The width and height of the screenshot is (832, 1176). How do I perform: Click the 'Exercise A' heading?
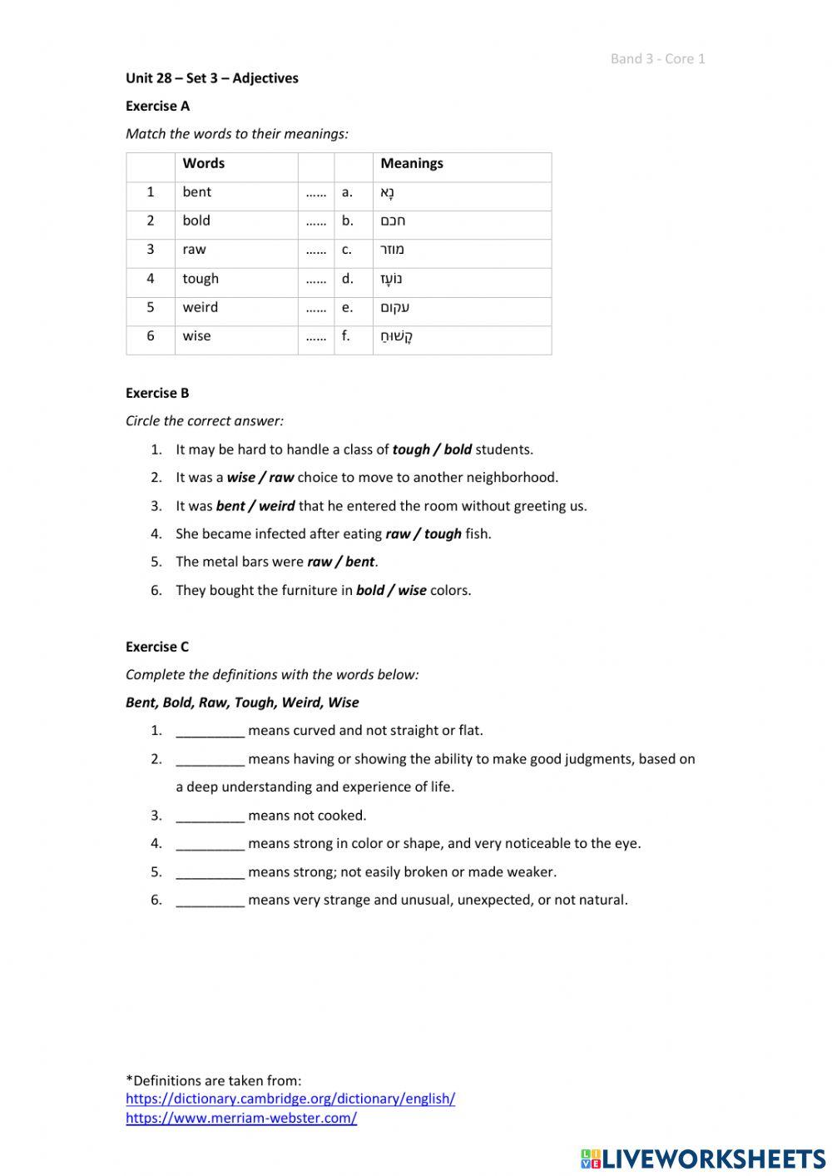pyautogui.click(x=157, y=106)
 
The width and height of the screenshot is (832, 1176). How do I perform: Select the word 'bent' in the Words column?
pyautogui.click(x=197, y=192)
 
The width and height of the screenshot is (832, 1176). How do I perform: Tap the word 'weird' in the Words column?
pyautogui.click(x=201, y=307)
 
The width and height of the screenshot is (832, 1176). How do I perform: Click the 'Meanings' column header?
pyautogui.click(x=412, y=163)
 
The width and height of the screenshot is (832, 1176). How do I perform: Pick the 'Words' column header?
pyautogui.click(x=204, y=163)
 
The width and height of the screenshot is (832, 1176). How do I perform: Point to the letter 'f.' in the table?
pyautogui.click(x=346, y=336)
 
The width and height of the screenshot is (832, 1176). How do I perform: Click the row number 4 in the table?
pyautogui.click(x=151, y=279)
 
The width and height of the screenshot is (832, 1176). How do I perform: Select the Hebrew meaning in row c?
pyautogui.click(x=393, y=250)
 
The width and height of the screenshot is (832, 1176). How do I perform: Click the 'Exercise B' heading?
pyautogui.click(x=157, y=393)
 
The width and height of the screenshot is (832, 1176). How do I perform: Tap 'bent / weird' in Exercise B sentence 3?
pyautogui.click(x=255, y=506)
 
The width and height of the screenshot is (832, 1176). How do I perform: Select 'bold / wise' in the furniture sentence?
pyautogui.click(x=391, y=591)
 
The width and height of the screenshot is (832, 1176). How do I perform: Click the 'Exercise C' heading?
pyautogui.click(x=157, y=647)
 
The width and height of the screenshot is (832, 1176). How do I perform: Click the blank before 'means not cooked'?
pyautogui.click(x=210, y=816)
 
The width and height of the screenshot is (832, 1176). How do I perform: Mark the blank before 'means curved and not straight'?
pyautogui.click(x=210, y=731)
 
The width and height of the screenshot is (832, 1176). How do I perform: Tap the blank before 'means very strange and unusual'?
pyautogui.click(x=210, y=900)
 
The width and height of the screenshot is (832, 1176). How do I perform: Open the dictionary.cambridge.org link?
pyautogui.click(x=290, y=1099)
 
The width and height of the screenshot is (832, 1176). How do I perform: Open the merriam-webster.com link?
pyautogui.click(x=241, y=1118)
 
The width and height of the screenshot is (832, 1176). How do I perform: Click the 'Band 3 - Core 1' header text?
pyautogui.click(x=657, y=58)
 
